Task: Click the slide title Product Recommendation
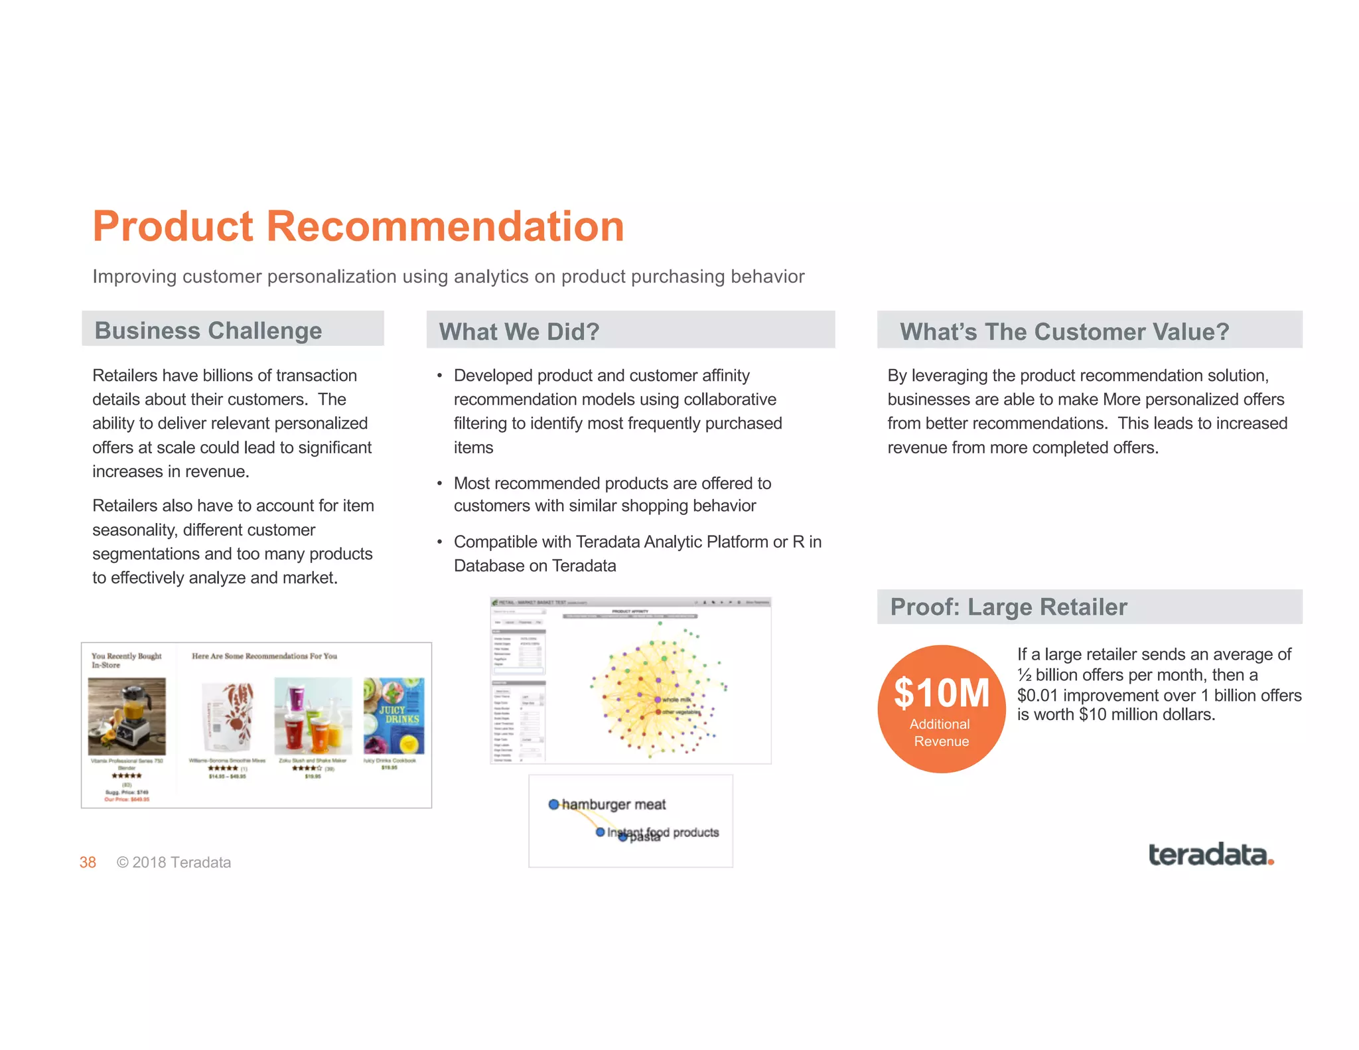tap(358, 226)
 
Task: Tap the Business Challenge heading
tap(208, 331)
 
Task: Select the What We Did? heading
tap(519, 331)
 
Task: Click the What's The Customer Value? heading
tap(1064, 331)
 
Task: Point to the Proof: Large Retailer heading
tap(1008, 607)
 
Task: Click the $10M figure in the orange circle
tap(941, 693)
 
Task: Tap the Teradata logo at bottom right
tap(1210, 855)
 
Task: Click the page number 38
tap(88, 862)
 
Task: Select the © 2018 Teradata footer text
tap(174, 862)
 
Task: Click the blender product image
tap(127, 715)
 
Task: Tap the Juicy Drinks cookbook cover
tap(393, 715)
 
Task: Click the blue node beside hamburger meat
tap(553, 804)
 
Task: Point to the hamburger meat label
tap(614, 804)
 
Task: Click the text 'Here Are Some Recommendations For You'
tap(264, 656)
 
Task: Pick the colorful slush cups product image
tap(313, 715)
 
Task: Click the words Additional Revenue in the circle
tap(941, 733)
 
